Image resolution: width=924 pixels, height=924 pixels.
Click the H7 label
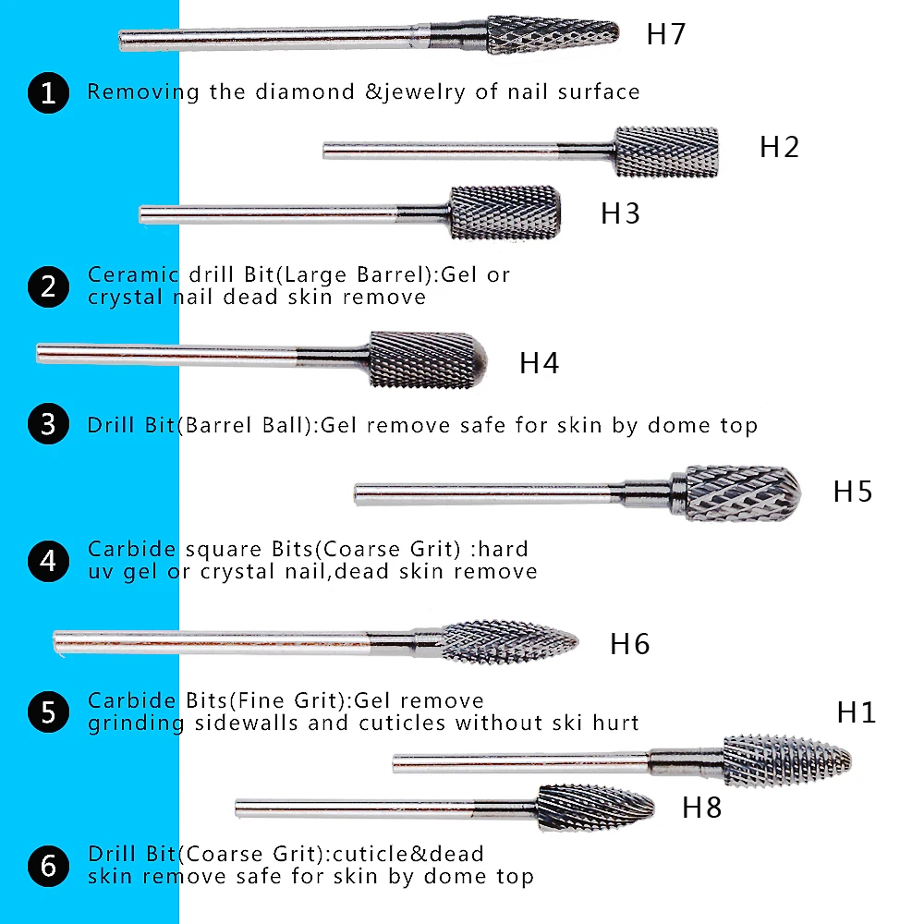[665, 34]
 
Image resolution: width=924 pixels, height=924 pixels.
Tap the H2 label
[779, 147]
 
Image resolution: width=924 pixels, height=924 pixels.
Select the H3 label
[620, 213]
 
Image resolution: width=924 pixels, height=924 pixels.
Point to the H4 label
[539, 363]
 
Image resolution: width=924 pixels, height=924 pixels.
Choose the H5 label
[853, 492]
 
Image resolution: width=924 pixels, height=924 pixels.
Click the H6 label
[629, 644]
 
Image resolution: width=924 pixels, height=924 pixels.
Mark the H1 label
[856, 712]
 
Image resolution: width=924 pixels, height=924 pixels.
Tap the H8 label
[701, 808]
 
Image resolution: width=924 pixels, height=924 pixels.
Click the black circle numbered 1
[48, 92]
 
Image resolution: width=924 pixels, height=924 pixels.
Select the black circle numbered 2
[48, 286]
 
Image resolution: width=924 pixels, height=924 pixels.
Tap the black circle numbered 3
[48, 425]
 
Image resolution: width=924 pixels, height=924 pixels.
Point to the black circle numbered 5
[48, 711]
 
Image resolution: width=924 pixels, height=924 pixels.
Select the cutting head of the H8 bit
[595, 806]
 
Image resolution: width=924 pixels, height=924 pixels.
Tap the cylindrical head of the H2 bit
[666, 152]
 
